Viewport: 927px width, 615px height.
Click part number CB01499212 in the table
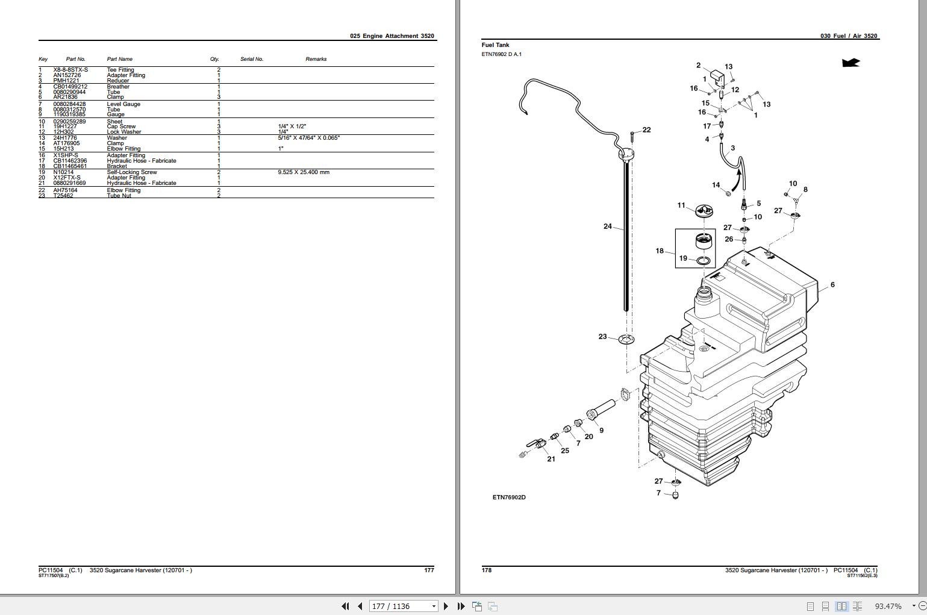(x=70, y=87)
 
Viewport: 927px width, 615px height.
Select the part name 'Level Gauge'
(x=123, y=104)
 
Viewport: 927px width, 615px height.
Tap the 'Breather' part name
(x=118, y=87)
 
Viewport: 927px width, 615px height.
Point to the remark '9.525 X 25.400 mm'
(x=304, y=172)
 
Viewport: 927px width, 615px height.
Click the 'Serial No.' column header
(x=252, y=59)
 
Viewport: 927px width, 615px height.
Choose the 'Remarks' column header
(x=316, y=59)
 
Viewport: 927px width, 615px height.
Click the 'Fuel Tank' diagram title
(x=495, y=45)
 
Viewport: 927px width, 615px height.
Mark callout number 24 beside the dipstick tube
(x=607, y=226)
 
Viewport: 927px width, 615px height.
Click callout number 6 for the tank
(x=832, y=285)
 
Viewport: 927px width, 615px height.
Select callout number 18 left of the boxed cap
(x=660, y=251)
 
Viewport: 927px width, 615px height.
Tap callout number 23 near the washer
(x=602, y=337)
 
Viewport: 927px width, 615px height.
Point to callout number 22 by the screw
(x=646, y=130)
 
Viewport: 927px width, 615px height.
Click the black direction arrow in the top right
(x=851, y=63)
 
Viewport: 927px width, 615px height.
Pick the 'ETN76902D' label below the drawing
(x=509, y=498)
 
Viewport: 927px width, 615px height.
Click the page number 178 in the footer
(x=487, y=570)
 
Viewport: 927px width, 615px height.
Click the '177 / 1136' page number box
(x=399, y=606)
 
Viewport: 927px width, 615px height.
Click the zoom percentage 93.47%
(x=888, y=606)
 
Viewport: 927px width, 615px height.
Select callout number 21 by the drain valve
(x=551, y=459)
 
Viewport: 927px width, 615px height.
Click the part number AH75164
(x=65, y=190)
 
